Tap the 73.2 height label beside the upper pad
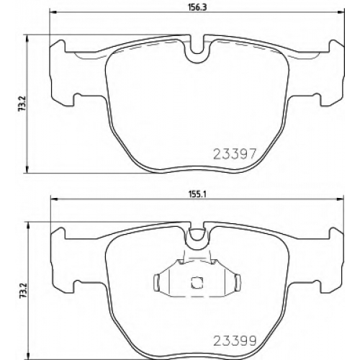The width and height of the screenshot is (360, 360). [22, 104]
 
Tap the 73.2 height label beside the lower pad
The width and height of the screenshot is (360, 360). [23, 290]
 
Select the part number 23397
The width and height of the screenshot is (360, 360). [235, 153]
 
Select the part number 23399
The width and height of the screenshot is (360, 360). [235, 341]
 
